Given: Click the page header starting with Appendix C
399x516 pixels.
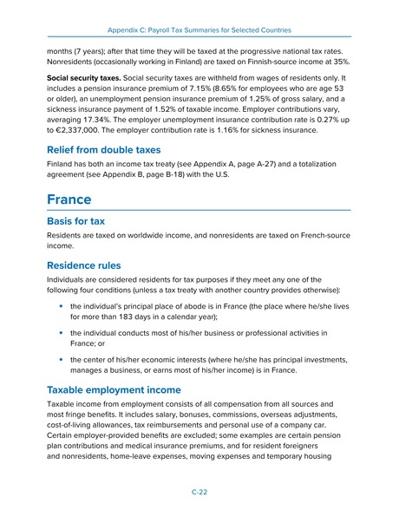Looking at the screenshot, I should coord(199,17).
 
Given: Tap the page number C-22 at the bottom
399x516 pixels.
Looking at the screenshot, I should coord(199,491).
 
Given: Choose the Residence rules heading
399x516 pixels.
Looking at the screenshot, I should coord(90,266).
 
